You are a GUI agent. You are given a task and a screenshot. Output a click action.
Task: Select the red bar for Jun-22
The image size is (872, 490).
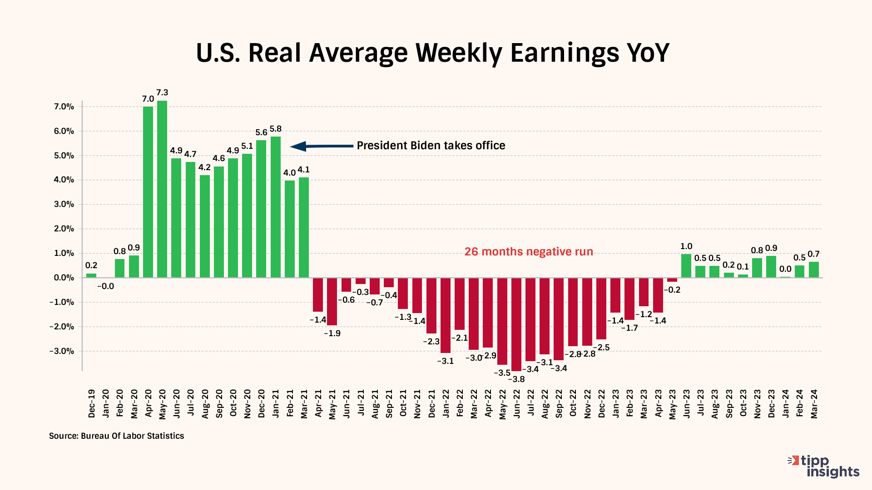click(x=516, y=324)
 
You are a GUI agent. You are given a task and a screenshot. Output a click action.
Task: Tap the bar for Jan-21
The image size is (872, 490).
click(x=276, y=207)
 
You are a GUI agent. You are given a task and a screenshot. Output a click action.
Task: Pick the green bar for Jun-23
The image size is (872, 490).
click(x=686, y=266)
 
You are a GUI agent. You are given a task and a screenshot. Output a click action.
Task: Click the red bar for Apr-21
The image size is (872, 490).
click(x=318, y=294)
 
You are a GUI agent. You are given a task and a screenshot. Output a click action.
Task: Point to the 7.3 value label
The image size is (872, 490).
click(x=162, y=93)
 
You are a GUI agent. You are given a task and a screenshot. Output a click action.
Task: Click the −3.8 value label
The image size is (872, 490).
click(x=516, y=379)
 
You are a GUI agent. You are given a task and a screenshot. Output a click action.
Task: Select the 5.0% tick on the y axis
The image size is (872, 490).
click(x=64, y=156)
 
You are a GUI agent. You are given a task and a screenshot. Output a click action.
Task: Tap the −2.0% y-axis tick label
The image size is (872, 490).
click(x=62, y=327)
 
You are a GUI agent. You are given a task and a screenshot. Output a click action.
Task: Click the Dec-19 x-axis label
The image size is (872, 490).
click(x=92, y=403)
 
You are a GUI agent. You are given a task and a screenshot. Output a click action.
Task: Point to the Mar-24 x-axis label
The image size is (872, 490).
click(x=814, y=403)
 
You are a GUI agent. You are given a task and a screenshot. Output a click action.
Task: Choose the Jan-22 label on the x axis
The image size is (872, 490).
click(x=446, y=403)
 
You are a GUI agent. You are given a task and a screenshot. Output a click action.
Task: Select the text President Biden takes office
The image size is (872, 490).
click(x=431, y=146)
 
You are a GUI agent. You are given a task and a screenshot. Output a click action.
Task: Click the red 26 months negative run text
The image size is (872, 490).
click(x=529, y=252)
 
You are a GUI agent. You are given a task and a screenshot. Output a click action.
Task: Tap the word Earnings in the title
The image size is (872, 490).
click(x=565, y=53)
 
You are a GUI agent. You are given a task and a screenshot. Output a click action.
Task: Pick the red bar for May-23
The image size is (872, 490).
click(x=672, y=280)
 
